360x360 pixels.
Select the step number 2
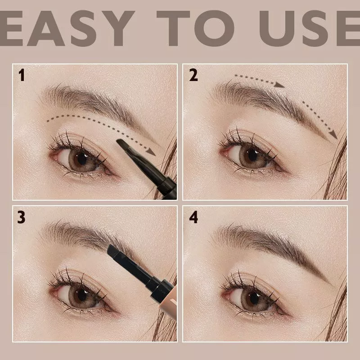click(x=193, y=75)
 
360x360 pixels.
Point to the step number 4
click(x=193, y=217)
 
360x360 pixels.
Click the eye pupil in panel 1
click(x=82, y=157)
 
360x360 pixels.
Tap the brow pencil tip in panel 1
click(x=123, y=145)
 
